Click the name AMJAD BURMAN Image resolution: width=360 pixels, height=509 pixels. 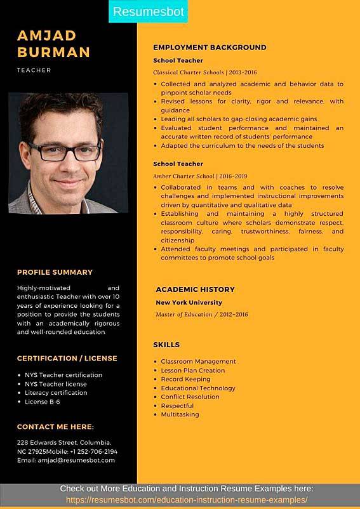[x=53, y=43]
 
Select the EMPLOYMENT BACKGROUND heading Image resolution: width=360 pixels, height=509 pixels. [x=210, y=48]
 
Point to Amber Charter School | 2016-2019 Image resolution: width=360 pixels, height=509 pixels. [x=200, y=176]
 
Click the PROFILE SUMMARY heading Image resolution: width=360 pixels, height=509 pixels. [x=55, y=272]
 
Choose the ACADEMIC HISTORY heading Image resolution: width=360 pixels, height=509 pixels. [x=195, y=289]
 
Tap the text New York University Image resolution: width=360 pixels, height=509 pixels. [x=189, y=303]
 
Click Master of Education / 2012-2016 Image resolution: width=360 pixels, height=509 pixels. [x=201, y=314]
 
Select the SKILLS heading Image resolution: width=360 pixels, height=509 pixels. [x=166, y=345]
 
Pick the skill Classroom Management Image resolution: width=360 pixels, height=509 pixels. [x=198, y=362]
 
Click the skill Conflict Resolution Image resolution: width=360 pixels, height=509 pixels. [x=190, y=397]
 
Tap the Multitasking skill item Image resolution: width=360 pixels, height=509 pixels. [x=180, y=414]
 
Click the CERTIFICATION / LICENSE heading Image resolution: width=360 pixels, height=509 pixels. [x=67, y=358]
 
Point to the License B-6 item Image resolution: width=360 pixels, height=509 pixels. [x=43, y=402]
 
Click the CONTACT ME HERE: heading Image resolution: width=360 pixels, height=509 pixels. [x=55, y=426]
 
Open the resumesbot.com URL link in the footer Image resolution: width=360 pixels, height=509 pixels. [x=187, y=500]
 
